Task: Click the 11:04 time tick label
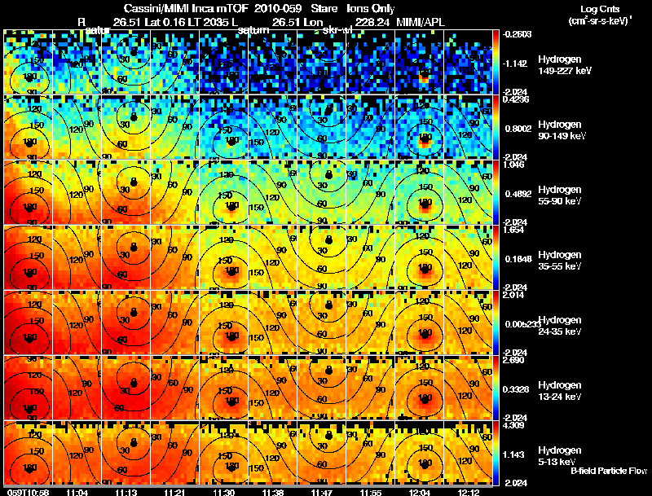(x=79, y=492)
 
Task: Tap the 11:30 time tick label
(x=225, y=492)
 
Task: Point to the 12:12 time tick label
(x=470, y=492)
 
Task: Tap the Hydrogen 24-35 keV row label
(x=559, y=325)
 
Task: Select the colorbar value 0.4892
(x=517, y=194)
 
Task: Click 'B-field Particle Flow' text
(x=608, y=471)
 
